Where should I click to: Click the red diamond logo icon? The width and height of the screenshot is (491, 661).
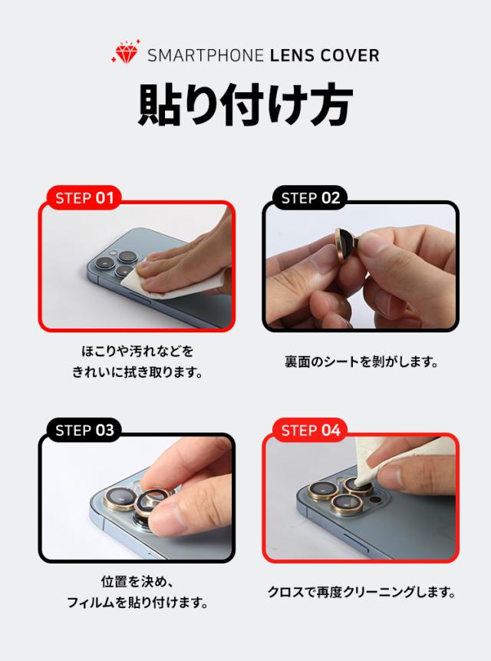[x=126, y=52]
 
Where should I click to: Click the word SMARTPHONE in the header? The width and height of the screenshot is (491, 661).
[x=206, y=55]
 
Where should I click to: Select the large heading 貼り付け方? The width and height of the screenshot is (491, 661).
[x=245, y=104]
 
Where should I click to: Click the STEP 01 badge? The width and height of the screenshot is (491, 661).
[x=84, y=198]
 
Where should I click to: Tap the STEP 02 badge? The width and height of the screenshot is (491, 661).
[x=310, y=198]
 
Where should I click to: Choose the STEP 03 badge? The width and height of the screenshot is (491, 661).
[x=84, y=430]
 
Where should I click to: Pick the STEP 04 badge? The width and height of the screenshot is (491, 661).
[x=310, y=430]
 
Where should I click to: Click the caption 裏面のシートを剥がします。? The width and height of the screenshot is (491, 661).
[x=361, y=362]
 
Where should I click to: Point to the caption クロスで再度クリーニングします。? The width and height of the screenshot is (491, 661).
[x=361, y=592]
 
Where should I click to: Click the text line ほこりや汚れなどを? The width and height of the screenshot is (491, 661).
[x=137, y=351]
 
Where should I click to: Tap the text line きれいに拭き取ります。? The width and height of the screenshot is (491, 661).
[x=137, y=372]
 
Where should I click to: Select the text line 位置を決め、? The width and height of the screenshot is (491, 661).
[x=137, y=582]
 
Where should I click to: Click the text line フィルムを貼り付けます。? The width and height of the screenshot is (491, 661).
[x=137, y=603]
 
